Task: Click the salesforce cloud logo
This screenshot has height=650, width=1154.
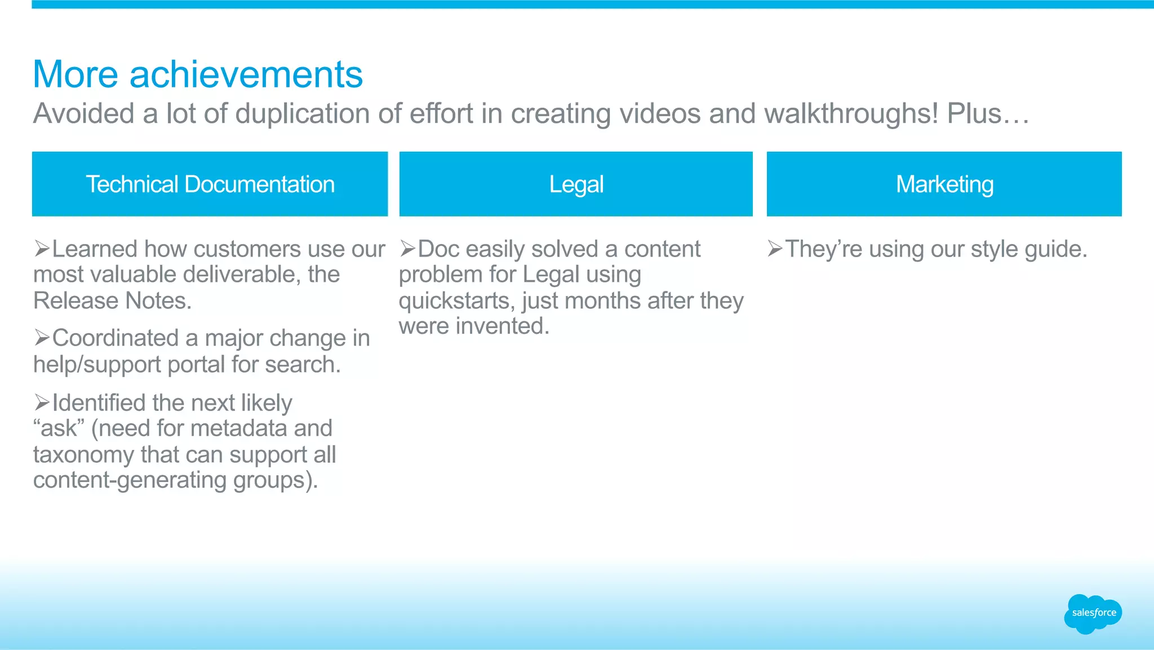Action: tap(1093, 613)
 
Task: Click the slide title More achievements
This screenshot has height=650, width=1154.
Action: tap(198, 74)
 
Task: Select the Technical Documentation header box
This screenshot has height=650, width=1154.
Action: tap(210, 184)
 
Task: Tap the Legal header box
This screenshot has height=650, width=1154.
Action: tap(576, 184)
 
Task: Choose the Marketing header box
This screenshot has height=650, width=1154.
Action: tap(944, 184)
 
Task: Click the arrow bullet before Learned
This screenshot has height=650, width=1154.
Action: tap(42, 248)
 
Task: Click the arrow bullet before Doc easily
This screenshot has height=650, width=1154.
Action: tap(408, 248)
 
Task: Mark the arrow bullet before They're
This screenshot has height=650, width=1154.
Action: tap(775, 248)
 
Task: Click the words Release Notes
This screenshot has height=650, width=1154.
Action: tap(112, 300)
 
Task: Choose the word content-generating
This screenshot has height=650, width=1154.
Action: tap(130, 480)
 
